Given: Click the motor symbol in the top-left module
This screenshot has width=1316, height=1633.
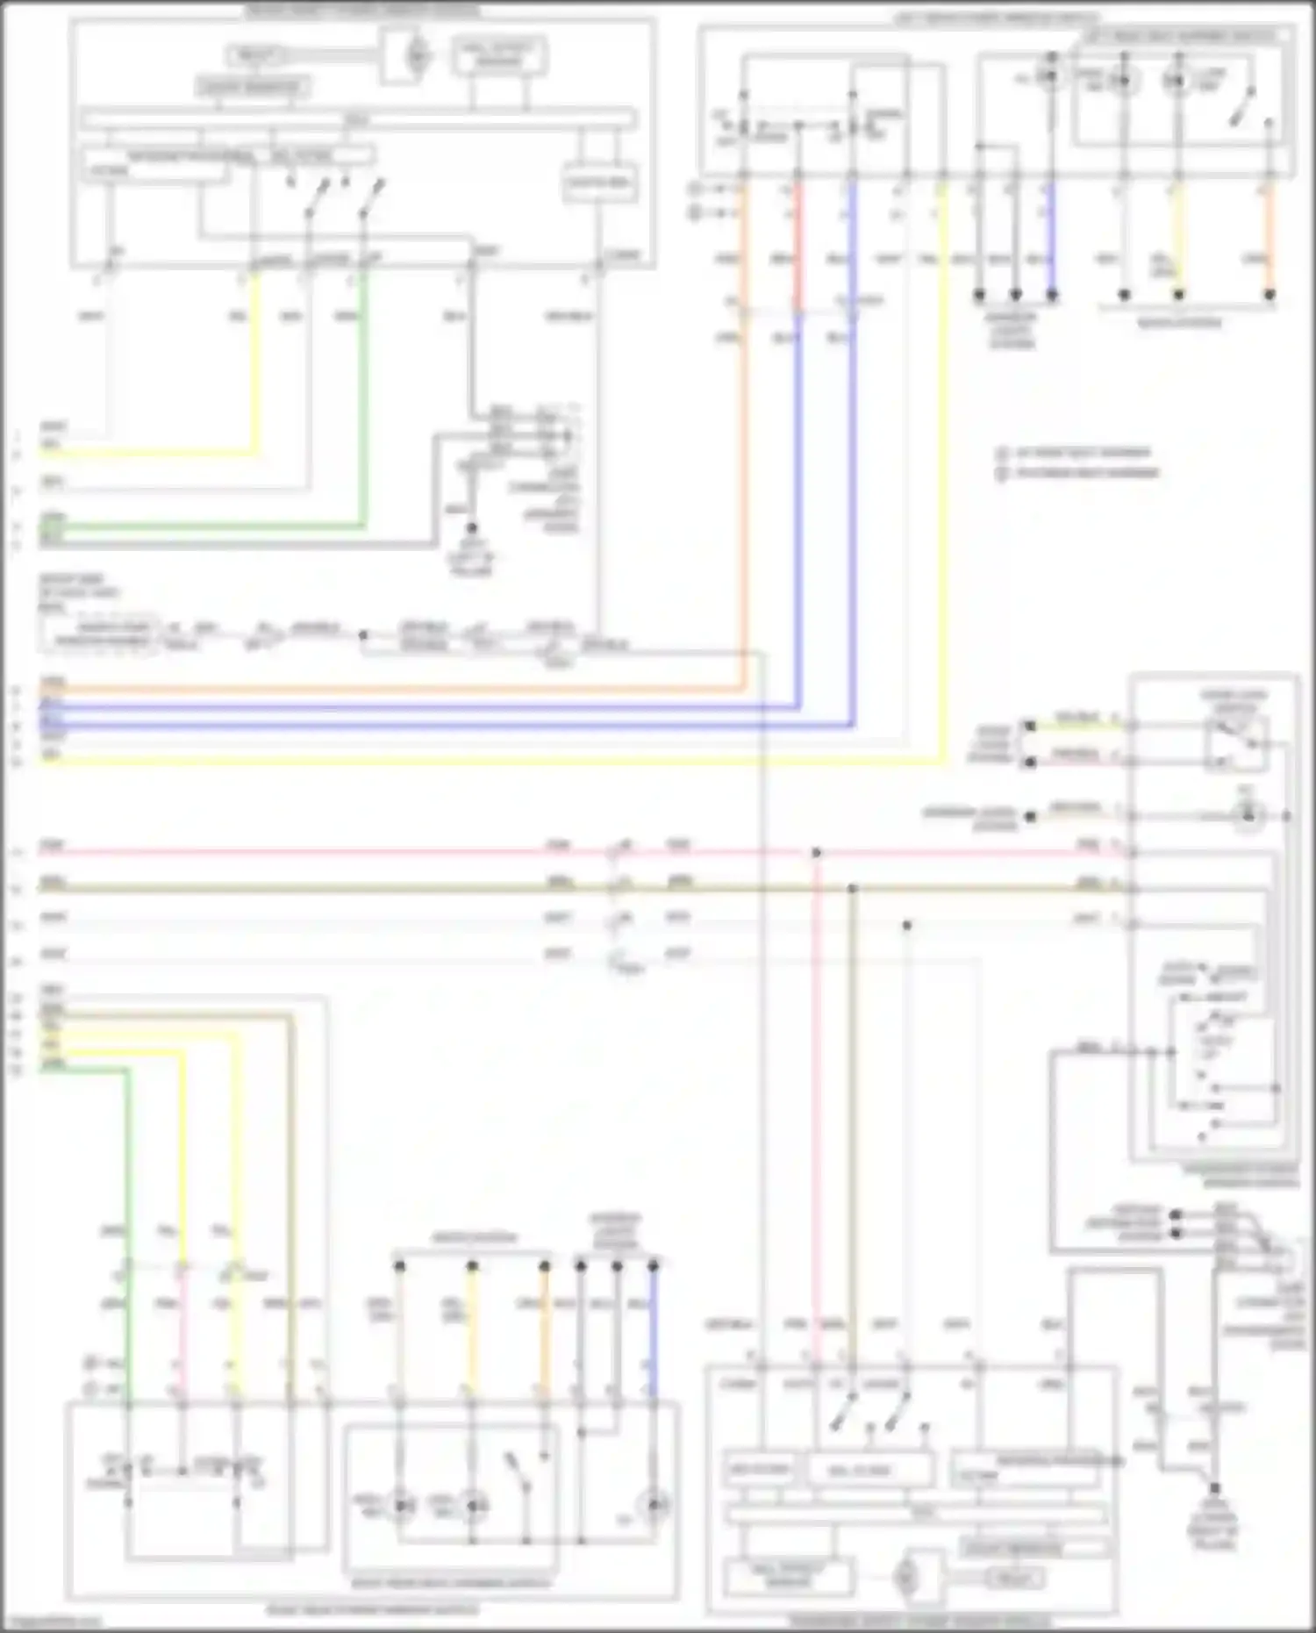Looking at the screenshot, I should [416, 56].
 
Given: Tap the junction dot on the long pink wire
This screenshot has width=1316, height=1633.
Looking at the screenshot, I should [816, 853].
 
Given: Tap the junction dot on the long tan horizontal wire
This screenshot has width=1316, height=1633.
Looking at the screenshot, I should [852, 889].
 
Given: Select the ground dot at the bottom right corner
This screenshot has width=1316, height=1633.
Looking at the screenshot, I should [1214, 1488].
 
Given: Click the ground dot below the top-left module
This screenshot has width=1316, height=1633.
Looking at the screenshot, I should [471, 528].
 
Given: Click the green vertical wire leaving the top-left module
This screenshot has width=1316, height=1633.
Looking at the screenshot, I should [363, 395].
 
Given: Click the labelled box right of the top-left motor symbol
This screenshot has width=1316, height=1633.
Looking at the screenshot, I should [499, 57].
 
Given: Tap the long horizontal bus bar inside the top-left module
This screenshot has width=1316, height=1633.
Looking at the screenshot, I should [357, 120].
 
